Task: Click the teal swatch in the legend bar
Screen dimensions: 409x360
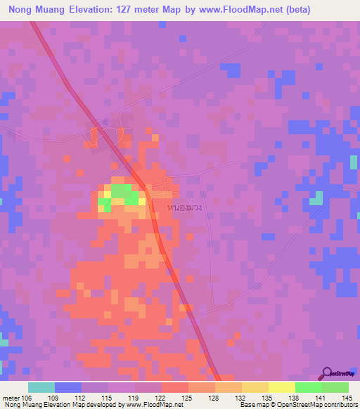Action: coord(41,387)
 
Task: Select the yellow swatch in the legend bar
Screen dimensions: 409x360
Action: coord(281,387)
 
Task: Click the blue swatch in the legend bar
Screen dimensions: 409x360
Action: coord(68,387)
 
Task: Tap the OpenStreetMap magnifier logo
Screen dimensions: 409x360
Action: coord(327,374)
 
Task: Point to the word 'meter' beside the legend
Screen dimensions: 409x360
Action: coord(11,398)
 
